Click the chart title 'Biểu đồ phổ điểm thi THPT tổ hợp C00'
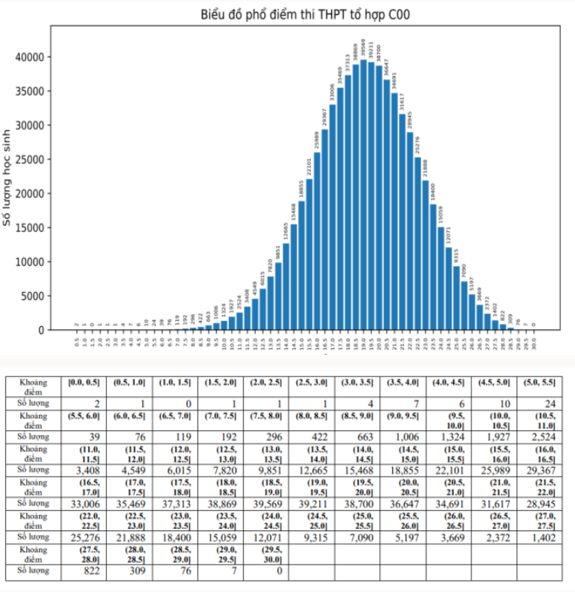306,14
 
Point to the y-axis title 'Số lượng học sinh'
8,177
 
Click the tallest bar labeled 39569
364,196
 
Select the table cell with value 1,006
404,436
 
